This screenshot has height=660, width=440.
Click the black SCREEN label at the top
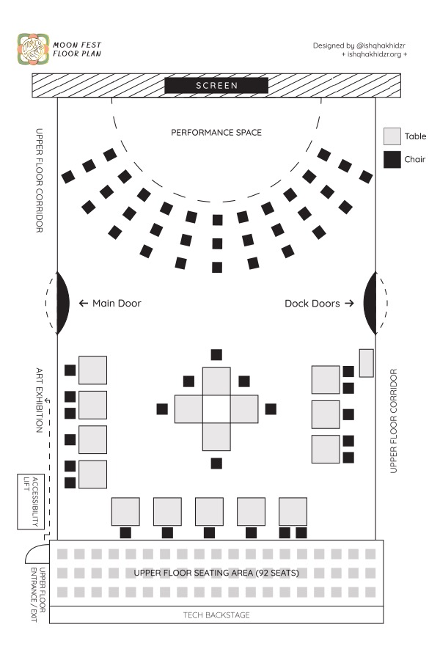pyautogui.click(x=216, y=86)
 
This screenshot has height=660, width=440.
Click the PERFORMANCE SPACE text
pyautogui.click(x=216, y=133)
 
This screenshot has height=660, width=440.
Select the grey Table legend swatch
pyautogui.click(x=392, y=136)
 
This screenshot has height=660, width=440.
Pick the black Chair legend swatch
pyautogui.click(x=392, y=159)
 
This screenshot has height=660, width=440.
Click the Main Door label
pyautogui.click(x=110, y=303)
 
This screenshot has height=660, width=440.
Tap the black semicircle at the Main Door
pyautogui.click(x=63, y=303)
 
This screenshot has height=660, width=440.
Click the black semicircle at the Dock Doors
pyautogui.click(x=370, y=303)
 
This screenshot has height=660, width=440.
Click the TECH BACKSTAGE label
pyautogui.click(x=216, y=615)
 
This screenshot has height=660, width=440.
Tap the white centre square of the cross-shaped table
pyautogui.click(x=216, y=409)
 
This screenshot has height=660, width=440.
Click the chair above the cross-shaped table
pyautogui.click(x=216, y=355)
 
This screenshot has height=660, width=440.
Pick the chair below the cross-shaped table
pyautogui.click(x=216, y=463)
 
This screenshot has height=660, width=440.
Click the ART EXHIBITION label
pyautogui.click(x=41, y=400)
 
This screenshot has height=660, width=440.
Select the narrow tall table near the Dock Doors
pyautogui.click(x=366, y=363)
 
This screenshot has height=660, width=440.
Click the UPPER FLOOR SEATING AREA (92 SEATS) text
pyautogui.click(x=216, y=572)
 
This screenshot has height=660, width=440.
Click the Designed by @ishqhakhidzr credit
pyautogui.click(x=360, y=45)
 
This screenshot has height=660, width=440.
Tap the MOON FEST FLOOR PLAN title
pyautogui.click(x=76, y=49)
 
